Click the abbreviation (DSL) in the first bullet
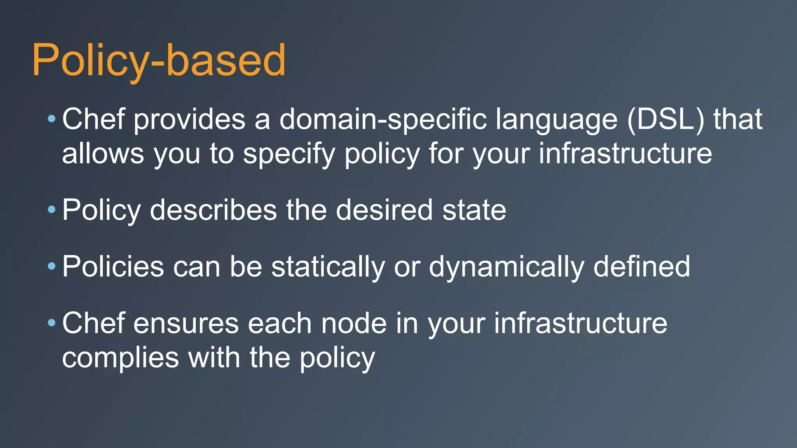pyautogui.click(x=665, y=119)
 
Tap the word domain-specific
pyautogui.click(x=383, y=119)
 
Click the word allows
pyautogui.click(x=103, y=154)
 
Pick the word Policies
pyautogui.click(x=113, y=267)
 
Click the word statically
pyautogui.click(x=328, y=267)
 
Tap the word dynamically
pyautogui.click(x=506, y=267)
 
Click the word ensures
pyautogui.click(x=186, y=324)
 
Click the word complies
pyautogui.click(x=120, y=358)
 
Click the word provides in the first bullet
pyautogui.click(x=190, y=119)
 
